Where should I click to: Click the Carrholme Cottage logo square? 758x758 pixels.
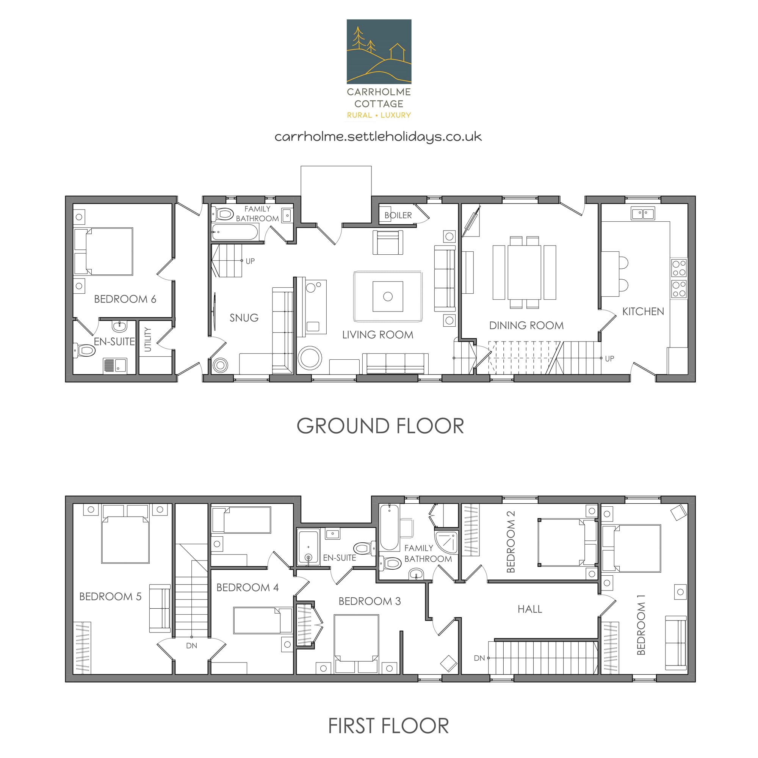[379, 52]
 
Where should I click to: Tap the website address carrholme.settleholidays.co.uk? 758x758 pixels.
[378, 137]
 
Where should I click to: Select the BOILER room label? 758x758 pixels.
[398, 215]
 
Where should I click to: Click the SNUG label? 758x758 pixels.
[244, 318]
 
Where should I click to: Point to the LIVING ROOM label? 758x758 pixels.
[378, 335]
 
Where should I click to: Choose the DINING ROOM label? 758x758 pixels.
[526, 325]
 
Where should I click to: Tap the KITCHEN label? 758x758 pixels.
[643, 312]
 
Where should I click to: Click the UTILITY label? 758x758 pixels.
[148, 339]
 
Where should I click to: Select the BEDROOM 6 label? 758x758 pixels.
[125, 299]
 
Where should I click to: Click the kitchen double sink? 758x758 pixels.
[643, 213]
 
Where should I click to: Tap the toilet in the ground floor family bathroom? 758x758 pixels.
[222, 214]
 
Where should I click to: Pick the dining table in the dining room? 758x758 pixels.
[524, 272]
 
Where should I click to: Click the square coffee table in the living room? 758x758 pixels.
[388, 296]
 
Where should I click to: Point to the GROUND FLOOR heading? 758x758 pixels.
[380, 426]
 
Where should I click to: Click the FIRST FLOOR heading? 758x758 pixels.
[388, 726]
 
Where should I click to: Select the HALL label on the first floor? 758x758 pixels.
[530, 609]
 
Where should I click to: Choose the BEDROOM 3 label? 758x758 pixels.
[370, 601]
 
